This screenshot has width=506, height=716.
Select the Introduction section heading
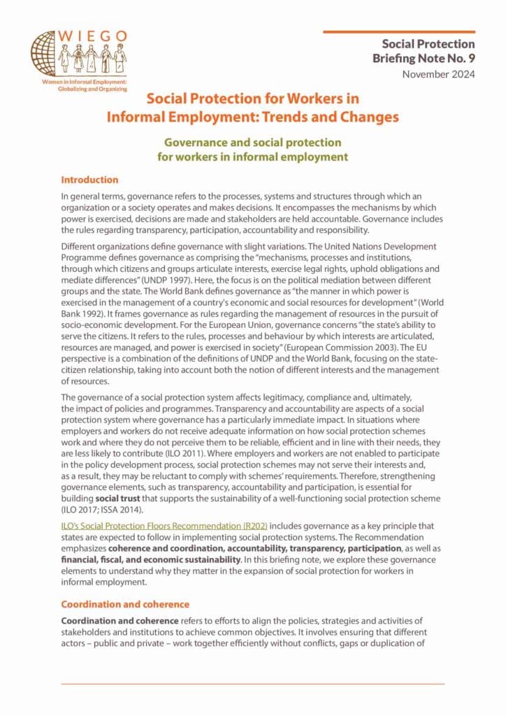89,180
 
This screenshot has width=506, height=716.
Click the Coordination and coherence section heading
124,603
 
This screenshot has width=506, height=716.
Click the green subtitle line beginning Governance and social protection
252,143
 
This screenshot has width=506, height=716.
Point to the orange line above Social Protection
399,31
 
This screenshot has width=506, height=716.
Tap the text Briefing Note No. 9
424,59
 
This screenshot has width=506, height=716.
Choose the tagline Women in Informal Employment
88,83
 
